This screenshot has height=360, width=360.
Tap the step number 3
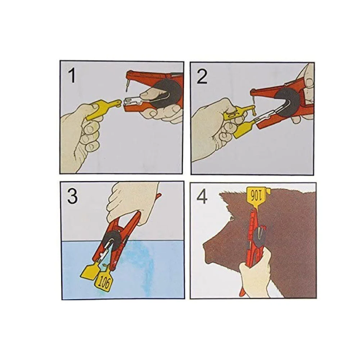tap(73, 197)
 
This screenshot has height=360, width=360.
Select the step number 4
tap(202, 197)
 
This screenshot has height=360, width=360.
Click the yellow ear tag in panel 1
tap(102, 110)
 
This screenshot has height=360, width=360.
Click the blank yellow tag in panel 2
tap(245, 129)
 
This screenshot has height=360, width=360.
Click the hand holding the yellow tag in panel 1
tap(79, 135)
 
